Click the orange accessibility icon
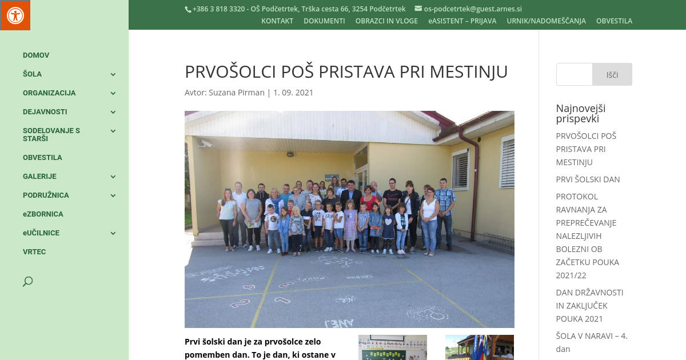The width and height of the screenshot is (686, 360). [x=15, y=15]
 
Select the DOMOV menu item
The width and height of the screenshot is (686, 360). [x=36, y=55]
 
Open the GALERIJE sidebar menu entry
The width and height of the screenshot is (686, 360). [x=39, y=177]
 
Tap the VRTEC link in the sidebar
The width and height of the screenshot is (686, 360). [x=34, y=252]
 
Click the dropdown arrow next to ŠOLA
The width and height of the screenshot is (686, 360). [x=113, y=74]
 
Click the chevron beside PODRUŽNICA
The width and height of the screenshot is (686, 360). [x=113, y=195]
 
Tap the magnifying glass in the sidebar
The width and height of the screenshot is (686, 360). [x=27, y=281]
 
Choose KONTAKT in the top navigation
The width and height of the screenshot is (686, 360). [x=277, y=21]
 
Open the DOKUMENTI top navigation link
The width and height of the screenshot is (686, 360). [x=324, y=21]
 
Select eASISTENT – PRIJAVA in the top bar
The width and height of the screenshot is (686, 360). [x=462, y=21]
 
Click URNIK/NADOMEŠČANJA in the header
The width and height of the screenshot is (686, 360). [x=546, y=21]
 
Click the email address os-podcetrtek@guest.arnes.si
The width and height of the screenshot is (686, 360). [x=472, y=9]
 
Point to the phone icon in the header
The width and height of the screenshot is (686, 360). [x=188, y=9]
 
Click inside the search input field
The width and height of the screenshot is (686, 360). [x=574, y=74]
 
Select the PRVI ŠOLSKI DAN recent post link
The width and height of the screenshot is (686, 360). [x=588, y=179]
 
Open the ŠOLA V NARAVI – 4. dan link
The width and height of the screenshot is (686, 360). [x=592, y=342]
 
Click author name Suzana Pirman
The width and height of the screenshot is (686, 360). [x=236, y=93]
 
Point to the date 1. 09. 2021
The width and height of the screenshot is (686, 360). [x=293, y=93]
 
